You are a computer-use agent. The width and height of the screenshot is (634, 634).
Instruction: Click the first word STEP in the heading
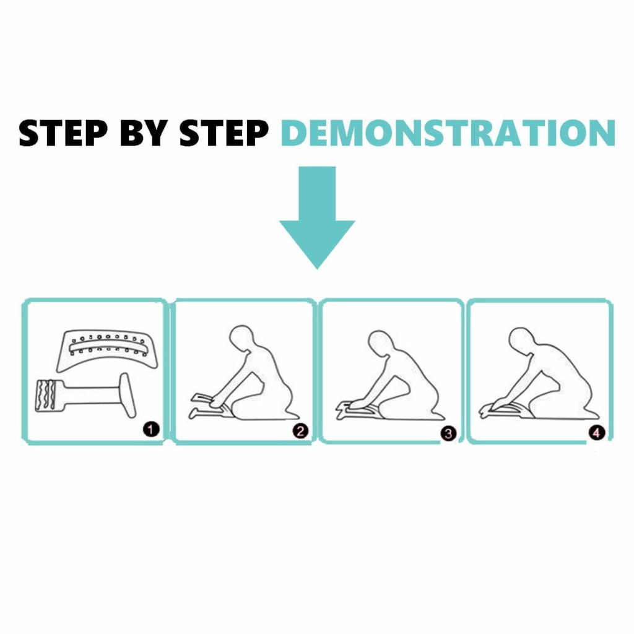(x=63, y=132)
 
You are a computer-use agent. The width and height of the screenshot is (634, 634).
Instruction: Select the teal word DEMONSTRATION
(x=448, y=132)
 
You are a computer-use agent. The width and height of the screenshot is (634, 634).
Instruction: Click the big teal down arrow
(x=317, y=217)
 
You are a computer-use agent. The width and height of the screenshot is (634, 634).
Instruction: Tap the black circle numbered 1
(x=151, y=429)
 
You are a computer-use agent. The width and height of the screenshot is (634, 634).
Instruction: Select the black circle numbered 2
(x=300, y=431)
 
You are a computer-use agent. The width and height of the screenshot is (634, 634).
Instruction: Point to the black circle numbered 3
(x=448, y=433)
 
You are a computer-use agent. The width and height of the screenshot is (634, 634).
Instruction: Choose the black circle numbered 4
(x=596, y=433)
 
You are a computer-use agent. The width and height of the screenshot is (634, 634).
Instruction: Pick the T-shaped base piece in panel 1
(x=85, y=396)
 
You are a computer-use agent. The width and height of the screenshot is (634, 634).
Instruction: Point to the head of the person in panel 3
(x=380, y=344)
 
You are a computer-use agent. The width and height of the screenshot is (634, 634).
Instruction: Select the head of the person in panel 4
(x=521, y=341)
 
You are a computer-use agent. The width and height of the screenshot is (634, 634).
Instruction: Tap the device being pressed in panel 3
(x=358, y=409)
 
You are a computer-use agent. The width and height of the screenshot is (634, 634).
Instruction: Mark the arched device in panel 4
(x=505, y=409)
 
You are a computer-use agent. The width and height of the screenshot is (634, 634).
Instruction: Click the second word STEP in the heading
(x=224, y=132)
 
